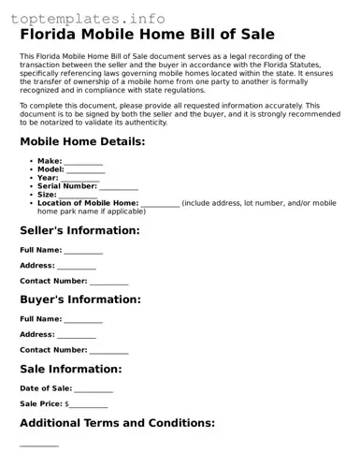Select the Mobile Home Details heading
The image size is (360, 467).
click(x=82, y=141)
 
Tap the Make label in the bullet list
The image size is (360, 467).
click(x=49, y=161)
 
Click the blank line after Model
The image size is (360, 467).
click(x=85, y=170)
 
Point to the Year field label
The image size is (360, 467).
click(x=47, y=177)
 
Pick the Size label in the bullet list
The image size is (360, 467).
click(x=47, y=195)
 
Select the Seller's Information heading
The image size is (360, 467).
click(x=79, y=230)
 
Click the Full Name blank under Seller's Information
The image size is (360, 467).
click(x=84, y=252)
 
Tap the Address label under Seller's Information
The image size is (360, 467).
click(x=36, y=265)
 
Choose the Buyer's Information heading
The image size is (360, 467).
click(x=80, y=299)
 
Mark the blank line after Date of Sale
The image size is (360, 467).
click(x=94, y=390)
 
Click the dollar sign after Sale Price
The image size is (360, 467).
click(x=67, y=404)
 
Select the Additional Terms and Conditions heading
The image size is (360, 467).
click(x=118, y=423)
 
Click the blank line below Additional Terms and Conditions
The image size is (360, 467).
click(x=39, y=445)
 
